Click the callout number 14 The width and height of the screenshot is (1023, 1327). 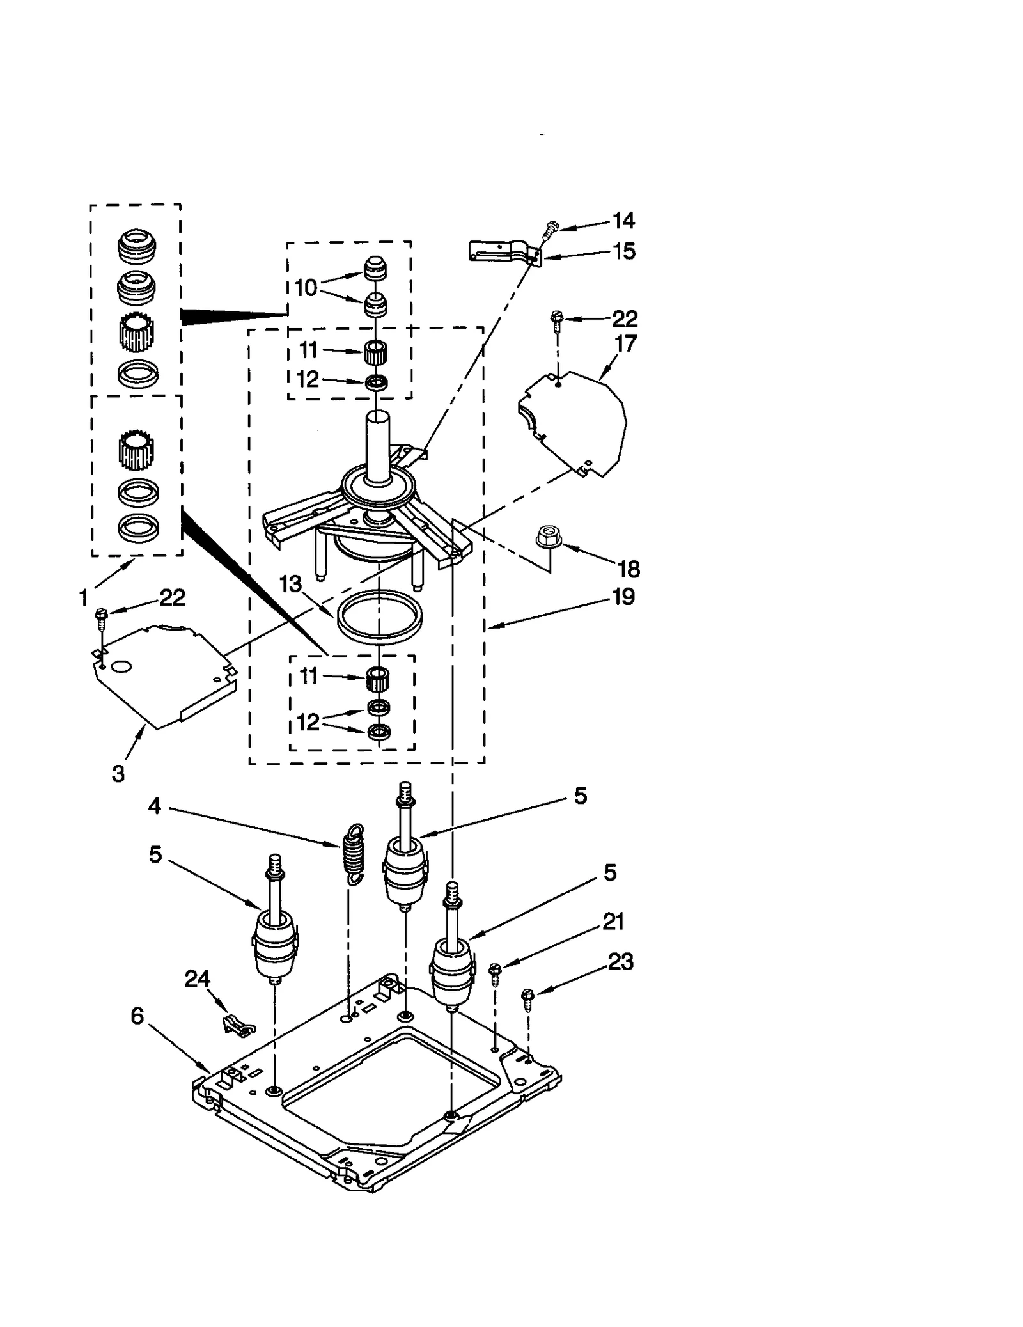[623, 221]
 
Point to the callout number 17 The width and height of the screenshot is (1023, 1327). [625, 343]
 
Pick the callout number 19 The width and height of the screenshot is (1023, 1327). [623, 597]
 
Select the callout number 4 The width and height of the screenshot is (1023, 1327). [154, 806]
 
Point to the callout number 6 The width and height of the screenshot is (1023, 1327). [137, 1016]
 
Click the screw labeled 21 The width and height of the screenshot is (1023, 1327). [494, 975]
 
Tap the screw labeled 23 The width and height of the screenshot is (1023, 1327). [528, 998]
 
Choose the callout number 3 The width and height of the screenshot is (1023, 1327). [118, 773]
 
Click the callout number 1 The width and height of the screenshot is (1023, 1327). [84, 598]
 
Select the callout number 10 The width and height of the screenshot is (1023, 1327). [306, 288]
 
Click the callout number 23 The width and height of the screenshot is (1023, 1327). [620, 961]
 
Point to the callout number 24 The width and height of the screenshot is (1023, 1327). [197, 978]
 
